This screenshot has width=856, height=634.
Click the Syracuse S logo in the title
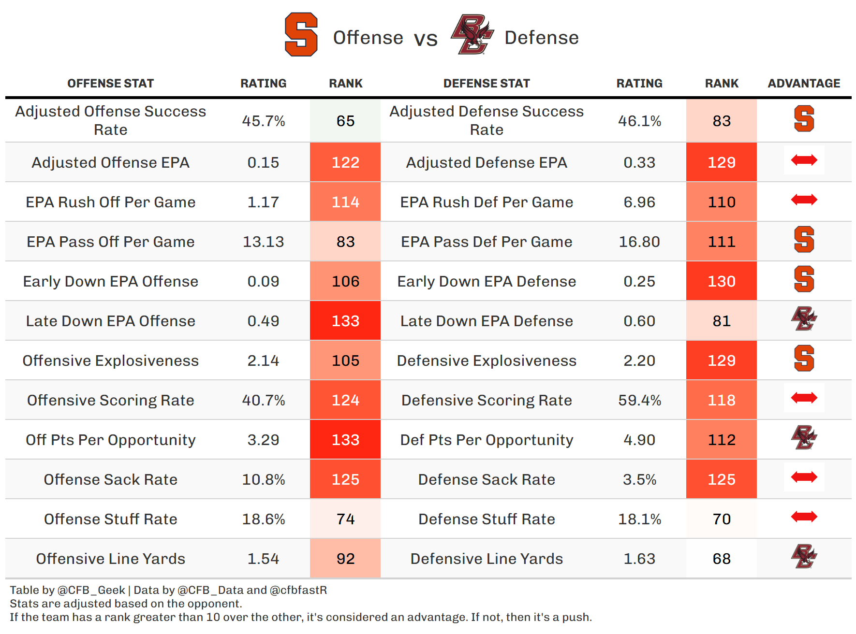pos(301,35)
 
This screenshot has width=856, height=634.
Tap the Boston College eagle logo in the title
pos(472,35)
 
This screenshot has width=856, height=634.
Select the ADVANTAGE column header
pos(804,84)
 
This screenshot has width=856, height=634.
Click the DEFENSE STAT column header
pos(487,84)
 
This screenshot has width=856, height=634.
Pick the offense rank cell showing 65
pos(345,121)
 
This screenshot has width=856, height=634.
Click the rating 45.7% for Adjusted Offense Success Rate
pos(264,121)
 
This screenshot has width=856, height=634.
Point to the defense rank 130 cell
pos(722,281)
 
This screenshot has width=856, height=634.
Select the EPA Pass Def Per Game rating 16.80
pos(639,242)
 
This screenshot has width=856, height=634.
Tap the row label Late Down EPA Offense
pos(111,321)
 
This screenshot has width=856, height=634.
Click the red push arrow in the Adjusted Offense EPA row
pos(804,160)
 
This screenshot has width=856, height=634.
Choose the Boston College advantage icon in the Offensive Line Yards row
pos(804,557)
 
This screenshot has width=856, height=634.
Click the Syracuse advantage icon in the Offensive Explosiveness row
pos(804,359)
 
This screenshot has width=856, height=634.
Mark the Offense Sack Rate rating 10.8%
pos(264,479)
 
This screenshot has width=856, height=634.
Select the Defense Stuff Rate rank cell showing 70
pos(722,519)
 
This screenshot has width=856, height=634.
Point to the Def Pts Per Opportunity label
pos(487,440)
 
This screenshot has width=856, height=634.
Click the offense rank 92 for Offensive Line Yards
pos(345,559)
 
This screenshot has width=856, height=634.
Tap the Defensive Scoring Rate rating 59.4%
pos(639,400)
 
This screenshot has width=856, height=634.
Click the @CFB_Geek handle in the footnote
pos(91,590)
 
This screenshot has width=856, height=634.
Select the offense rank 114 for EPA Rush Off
pos(345,202)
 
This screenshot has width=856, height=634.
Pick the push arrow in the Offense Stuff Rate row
pos(804,517)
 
